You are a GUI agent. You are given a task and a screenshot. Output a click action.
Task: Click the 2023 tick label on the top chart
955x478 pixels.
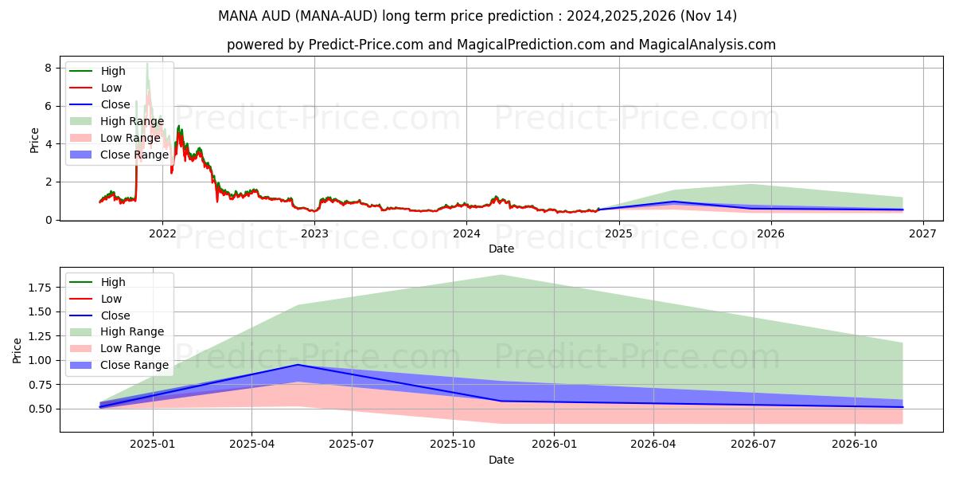click(314, 233)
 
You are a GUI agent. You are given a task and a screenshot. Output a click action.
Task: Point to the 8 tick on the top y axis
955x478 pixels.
click(48, 69)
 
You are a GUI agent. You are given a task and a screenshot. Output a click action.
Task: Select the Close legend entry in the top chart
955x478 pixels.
click(116, 104)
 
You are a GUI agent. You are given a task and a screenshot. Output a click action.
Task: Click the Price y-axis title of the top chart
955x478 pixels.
click(34, 140)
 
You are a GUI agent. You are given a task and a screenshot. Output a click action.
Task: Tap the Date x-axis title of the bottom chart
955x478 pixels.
click(501, 460)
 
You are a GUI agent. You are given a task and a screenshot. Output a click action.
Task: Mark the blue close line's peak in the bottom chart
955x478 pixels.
click(298, 365)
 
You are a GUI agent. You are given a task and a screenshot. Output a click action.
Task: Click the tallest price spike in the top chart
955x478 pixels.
click(147, 64)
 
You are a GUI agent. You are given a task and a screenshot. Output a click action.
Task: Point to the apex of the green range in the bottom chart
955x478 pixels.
click(501, 275)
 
